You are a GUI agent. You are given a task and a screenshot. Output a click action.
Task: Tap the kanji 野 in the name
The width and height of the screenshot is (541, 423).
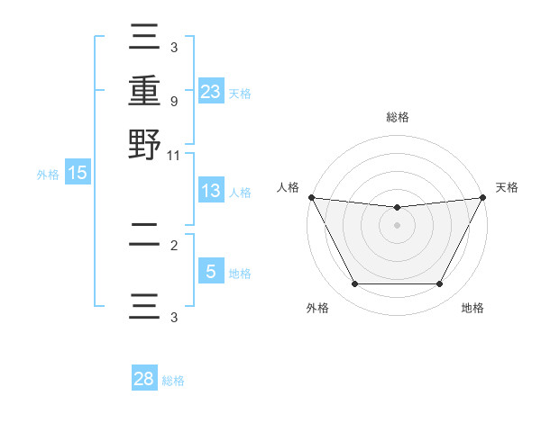pos(144,144)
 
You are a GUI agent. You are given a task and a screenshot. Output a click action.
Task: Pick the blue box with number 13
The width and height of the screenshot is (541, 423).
pos(210,191)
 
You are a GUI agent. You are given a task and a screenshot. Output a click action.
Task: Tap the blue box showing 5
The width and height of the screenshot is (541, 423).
pos(210,271)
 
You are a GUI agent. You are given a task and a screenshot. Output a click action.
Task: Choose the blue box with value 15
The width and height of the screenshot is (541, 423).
pos(77,173)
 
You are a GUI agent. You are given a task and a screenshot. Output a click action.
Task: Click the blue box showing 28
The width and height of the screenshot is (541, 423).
pos(144,379)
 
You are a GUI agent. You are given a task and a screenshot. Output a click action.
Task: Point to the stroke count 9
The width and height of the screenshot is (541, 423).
pos(173,101)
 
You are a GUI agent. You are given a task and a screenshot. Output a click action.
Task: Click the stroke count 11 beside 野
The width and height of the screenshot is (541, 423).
pos(173,155)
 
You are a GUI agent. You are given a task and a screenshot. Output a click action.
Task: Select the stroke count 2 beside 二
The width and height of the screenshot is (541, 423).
pos(173,245)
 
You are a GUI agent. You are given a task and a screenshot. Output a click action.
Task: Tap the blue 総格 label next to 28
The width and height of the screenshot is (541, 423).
pos(173,381)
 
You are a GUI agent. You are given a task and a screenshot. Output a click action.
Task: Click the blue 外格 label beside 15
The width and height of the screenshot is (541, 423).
pos(48,175)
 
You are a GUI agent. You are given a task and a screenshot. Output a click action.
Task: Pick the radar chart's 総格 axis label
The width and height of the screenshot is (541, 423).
pos(397,117)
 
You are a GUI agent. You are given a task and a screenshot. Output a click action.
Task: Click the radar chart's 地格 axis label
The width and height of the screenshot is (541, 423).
pos(472,308)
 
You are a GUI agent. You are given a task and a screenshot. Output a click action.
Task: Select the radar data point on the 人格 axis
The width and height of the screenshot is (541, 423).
pos(311,197)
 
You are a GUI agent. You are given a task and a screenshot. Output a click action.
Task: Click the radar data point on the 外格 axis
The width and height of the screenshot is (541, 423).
pos(354,283)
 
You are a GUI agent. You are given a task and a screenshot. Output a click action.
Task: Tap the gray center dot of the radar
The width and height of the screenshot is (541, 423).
pos(397,225)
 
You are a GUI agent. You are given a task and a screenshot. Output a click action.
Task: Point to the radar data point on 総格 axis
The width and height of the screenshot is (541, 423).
pos(397,208)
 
